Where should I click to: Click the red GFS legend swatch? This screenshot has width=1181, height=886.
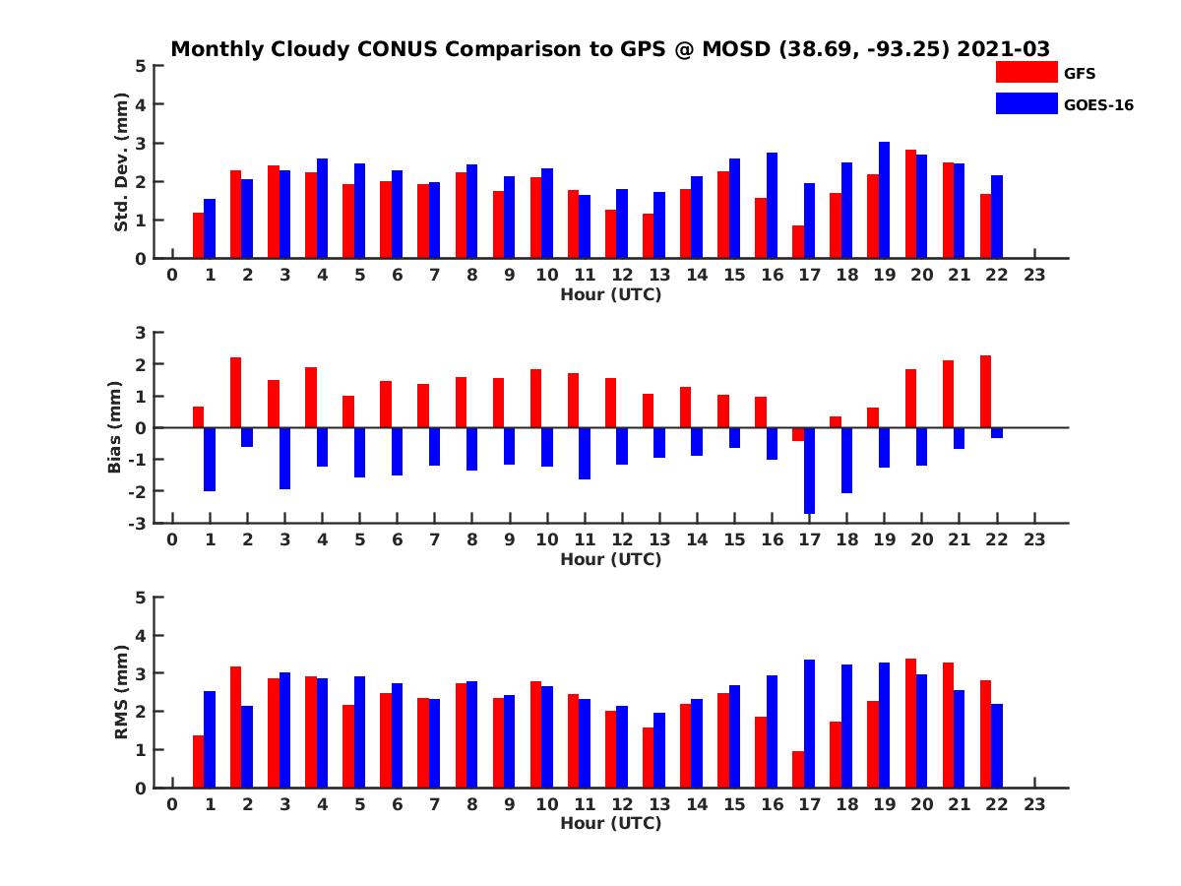click(x=1026, y=72)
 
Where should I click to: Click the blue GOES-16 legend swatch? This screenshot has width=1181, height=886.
click(x=1026, y=103)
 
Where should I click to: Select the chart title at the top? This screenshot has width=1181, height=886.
click(x=610, y=48)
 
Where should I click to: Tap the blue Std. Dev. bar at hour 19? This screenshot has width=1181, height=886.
click(x=884, y=200)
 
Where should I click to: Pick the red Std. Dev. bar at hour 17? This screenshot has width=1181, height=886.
click(x=797, y=242)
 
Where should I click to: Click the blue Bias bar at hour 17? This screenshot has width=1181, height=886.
click(x=809, y=471)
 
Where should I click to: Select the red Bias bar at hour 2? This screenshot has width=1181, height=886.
click(x=236, y=392)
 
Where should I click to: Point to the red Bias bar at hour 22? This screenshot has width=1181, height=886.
click(x=985, y=391)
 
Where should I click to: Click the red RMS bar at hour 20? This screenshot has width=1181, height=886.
click(x=910, y=723)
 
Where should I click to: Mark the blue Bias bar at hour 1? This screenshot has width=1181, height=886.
click(x=210, y=459)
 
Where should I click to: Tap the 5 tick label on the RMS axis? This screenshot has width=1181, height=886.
click(x=142, y=597)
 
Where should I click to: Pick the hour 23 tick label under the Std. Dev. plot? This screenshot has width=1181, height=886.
click(x=1034, y=276)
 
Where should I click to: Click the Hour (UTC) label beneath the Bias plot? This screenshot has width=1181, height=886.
click(x=610, y=559)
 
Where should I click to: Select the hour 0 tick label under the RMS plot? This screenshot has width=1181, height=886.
click(x=172, y=805)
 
